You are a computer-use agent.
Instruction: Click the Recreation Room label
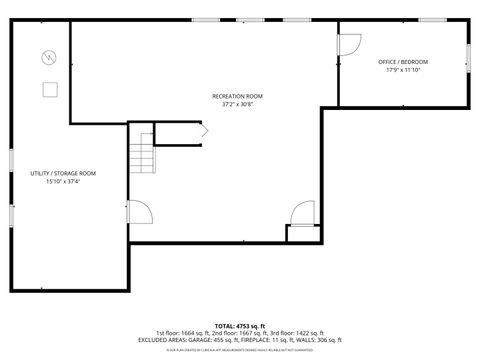(x=238, y=96)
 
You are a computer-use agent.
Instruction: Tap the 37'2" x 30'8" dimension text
(x=238, y=104)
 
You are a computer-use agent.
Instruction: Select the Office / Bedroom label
(x=403, y=62)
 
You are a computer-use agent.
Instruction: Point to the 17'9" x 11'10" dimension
(x=403, y=70)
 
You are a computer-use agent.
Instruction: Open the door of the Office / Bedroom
(x=349, y=46)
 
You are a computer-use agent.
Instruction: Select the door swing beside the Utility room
(x=139, y=213)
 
